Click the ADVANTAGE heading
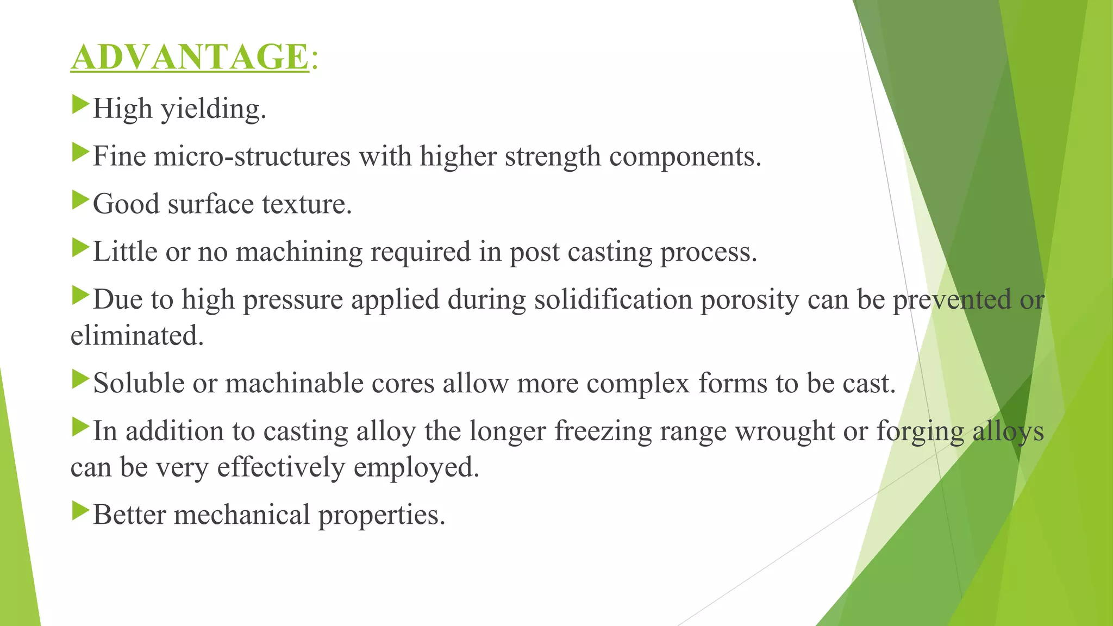[x=190, y=57]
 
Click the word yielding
[x=213, y=109]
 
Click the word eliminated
[x=137, y=335]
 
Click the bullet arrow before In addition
[x=80, y=426]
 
